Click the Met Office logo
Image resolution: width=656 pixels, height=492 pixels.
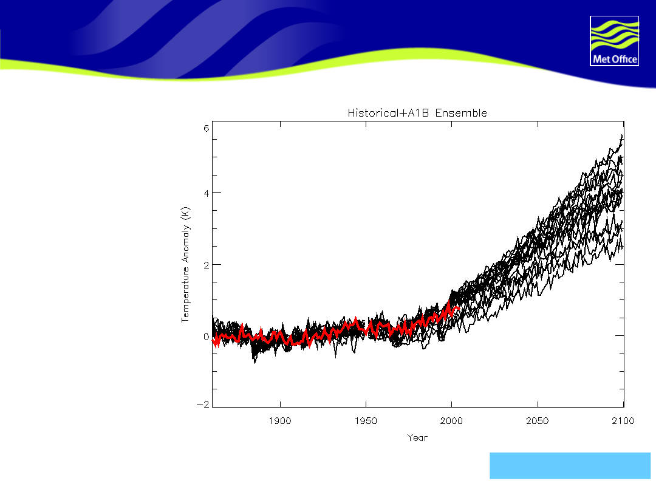click(x=614, y=41)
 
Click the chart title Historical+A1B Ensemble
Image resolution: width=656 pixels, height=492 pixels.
click(x=417, y=113)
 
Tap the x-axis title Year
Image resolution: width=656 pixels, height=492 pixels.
click(x=417, y=437)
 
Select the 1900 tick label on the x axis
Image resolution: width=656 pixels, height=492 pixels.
click(x=279, y=421)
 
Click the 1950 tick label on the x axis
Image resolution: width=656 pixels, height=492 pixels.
click(x=366, y=421)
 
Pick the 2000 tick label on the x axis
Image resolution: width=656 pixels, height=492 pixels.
click(x=452, y=421)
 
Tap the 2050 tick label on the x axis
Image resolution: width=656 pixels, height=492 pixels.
click(x=538, y=421)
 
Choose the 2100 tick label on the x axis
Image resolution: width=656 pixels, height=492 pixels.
click(x=623, y=421)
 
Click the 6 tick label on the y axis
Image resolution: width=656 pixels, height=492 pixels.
click(x=206, y=128)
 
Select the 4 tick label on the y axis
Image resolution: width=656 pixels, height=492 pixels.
click(x=206, y=193)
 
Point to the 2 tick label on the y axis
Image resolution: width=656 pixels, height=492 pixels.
click(x=206, y=265)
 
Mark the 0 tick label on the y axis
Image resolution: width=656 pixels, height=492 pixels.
click(x=206, y=337)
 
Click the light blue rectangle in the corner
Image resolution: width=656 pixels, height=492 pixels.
click(x=570, y=466)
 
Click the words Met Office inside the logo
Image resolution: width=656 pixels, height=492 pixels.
click(x=614, y=60)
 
